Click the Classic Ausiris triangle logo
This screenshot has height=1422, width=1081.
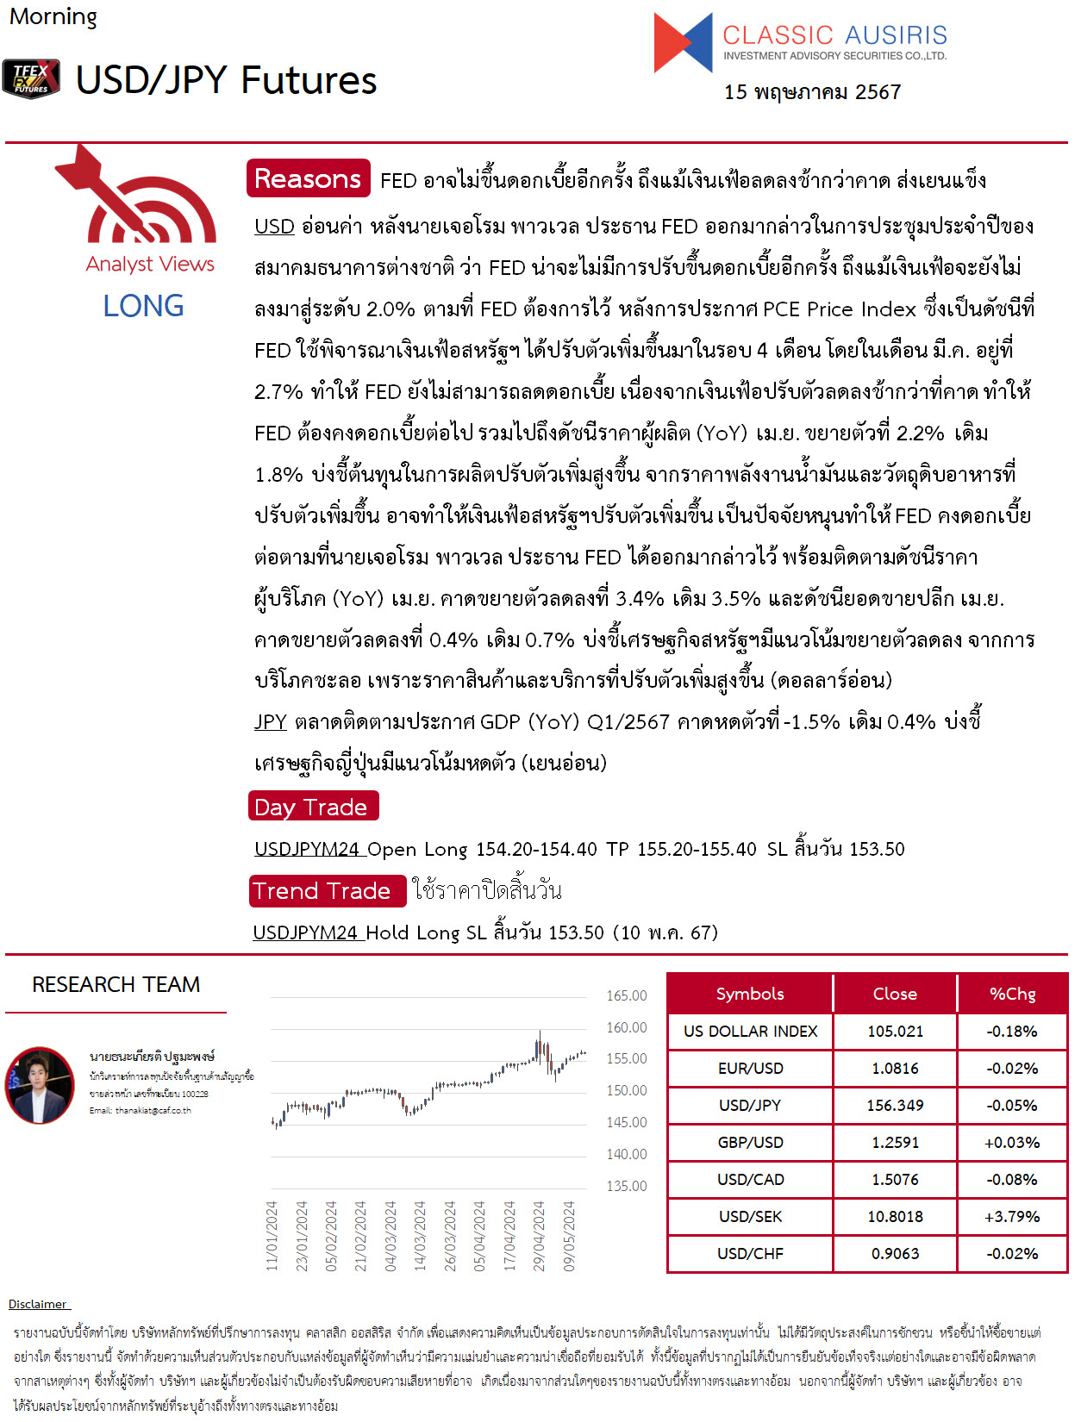(x=684, y=42)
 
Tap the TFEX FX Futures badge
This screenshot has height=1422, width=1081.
(x=31, y=78)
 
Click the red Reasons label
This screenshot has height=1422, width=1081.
(x=308, y=178)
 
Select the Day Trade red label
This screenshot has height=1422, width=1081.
(x=312, y=807)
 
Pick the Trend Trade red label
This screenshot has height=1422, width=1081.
(x=326, y=890)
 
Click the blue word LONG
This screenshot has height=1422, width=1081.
(x=143, y=306)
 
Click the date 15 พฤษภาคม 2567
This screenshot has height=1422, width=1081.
(x=812, y=92)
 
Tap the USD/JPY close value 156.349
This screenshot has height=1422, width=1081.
(x=895, y=1105)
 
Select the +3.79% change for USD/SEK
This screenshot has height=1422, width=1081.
(x=1012, y=1216)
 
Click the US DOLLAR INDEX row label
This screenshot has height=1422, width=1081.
(x=750, y=1031)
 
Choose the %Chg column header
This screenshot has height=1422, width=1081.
(x=1012, y=994)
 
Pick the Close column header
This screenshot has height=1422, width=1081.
(x=895, y=994)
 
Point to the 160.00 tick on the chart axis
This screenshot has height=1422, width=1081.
(x=627, y=1027)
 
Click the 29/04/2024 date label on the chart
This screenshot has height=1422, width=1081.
(x=539, y=1236)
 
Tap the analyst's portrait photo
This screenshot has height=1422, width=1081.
(x=40, y=1085)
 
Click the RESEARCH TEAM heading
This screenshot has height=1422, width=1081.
(x=116, y=984)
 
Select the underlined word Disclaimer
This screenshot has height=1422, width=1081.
(x=38, y=1304)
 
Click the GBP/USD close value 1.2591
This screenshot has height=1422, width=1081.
(x=895, y=1142)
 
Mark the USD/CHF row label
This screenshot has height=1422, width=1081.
(x=750, y=1253)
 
